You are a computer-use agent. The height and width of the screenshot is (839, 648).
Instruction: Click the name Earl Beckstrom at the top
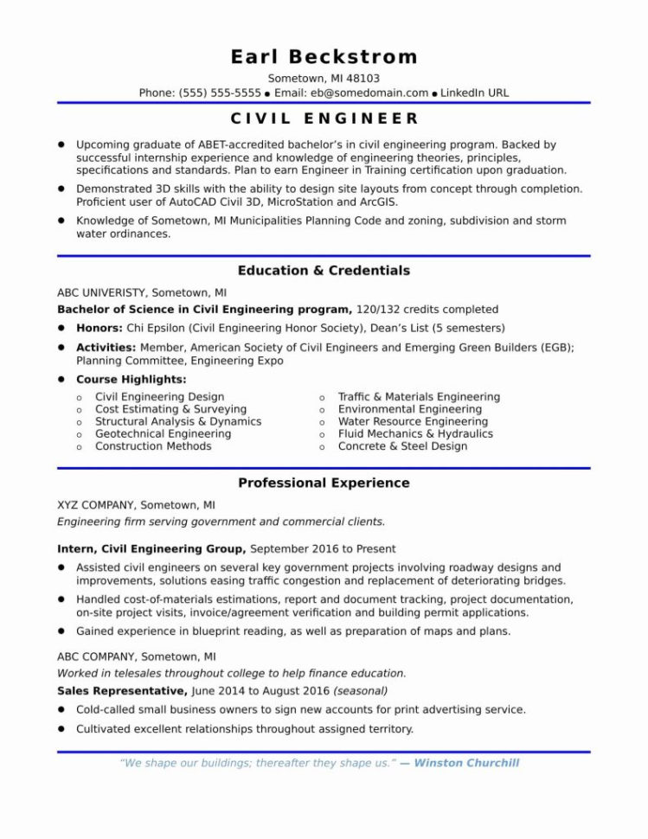[324, 57]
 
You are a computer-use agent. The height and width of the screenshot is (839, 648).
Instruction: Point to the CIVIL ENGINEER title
[324, 118]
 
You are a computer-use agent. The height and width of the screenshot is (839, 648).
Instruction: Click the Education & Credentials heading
[324, 271]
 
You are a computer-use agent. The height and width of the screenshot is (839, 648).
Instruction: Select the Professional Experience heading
[324, 483]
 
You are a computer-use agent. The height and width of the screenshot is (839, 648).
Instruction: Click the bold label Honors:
[99, 328]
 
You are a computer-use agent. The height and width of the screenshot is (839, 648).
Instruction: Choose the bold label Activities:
[106, 347]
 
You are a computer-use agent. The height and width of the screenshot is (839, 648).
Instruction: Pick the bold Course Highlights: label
[131, 379]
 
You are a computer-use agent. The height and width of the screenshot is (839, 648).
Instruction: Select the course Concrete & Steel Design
[402, 446]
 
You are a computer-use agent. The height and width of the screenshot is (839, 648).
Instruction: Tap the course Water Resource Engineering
[413, 421]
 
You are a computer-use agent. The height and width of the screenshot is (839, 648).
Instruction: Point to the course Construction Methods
[153, 446]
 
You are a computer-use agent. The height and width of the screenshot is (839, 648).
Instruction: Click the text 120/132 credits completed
[427, 309]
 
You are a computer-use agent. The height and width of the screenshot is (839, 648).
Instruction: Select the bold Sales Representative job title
[121, 691]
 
